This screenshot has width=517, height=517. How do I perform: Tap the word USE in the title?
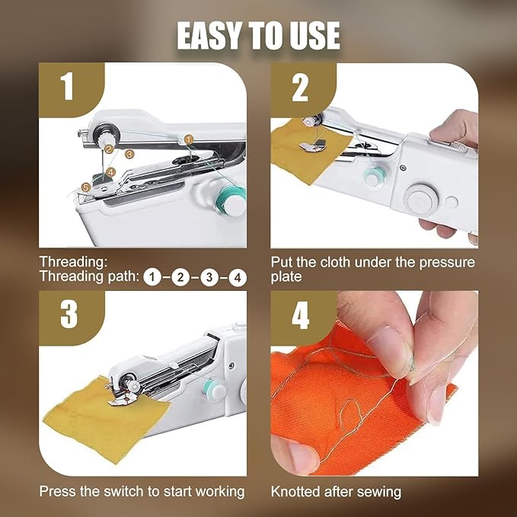(312, 36)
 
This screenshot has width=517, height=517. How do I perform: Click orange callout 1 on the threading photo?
(188, 139)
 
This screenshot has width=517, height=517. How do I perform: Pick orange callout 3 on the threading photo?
(129, 154)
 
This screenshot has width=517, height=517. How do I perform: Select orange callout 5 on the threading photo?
(86, 187)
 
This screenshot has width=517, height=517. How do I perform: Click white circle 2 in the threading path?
(180, 277)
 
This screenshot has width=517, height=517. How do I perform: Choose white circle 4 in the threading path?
(238, 278)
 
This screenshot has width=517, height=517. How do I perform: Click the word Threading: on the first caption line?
(74, 262)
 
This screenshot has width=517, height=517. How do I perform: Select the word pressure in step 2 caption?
(447, 263)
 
